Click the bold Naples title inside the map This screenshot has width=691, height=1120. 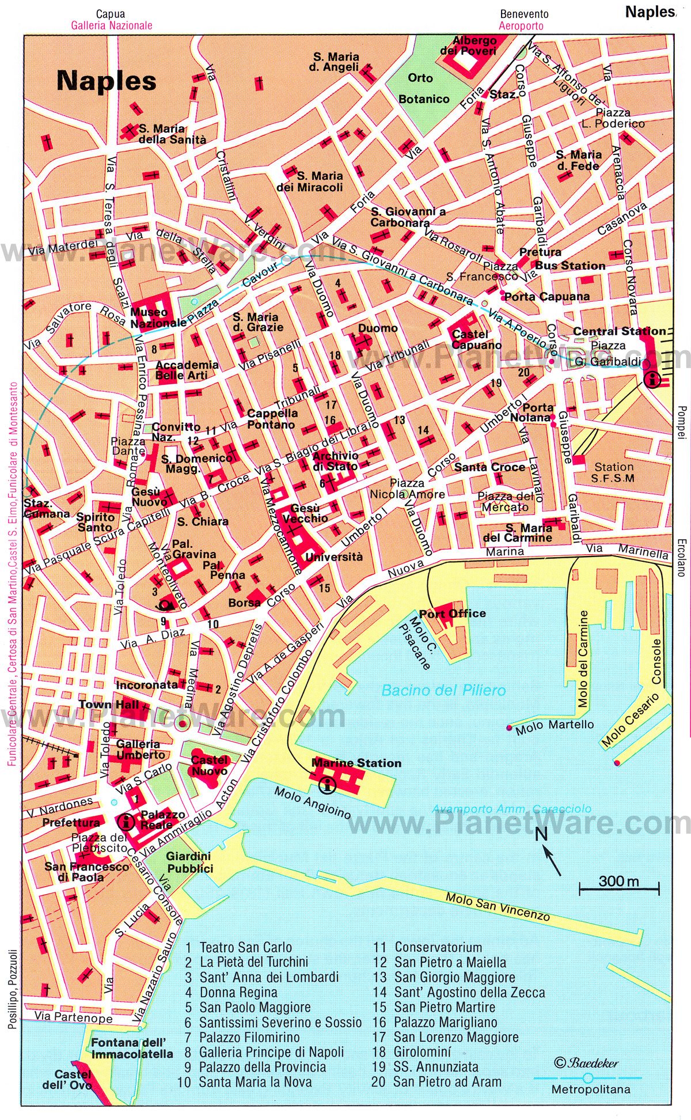(x=107, y=81)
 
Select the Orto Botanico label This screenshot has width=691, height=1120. (x=424, y=88)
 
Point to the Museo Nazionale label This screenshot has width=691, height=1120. (x=157, y=317)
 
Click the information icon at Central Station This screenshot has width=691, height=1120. (x=652, y=379)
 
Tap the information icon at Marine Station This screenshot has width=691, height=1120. (x=328, y=784)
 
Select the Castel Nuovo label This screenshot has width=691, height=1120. (x=209, y=765)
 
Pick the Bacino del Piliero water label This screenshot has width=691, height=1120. (x=443, y=690)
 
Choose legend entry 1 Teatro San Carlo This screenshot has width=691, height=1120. (x=238, y=947)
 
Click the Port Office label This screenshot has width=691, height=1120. (x=452, y=614)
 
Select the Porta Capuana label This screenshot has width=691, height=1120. (x=546, y=297)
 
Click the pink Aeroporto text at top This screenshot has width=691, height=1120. (x=521, y=25)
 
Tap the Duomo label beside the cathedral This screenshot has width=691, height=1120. (x=378, y=328)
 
